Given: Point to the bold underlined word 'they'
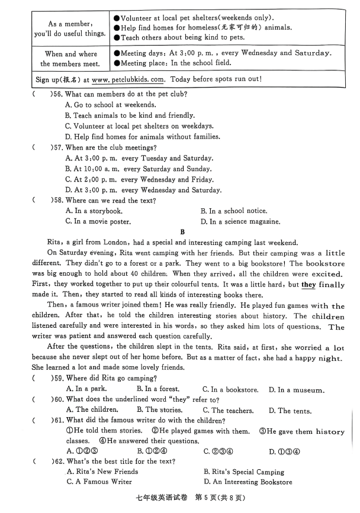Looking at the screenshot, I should [x=308, y=285].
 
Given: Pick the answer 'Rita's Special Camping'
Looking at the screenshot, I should [x=244, y=472].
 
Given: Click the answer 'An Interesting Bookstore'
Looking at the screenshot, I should [x=247, y=482].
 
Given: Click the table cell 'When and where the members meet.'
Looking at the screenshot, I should [x=70, y=59].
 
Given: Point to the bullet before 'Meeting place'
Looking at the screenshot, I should [x=117, y=63].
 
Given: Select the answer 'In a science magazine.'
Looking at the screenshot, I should [x=240, y=221].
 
